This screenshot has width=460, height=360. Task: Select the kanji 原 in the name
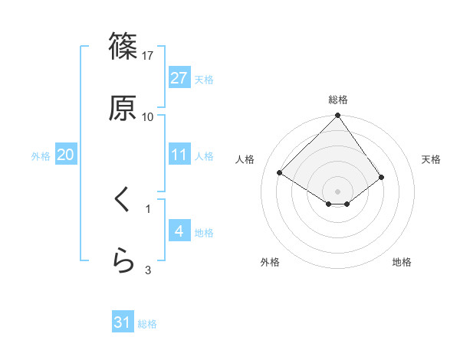[x=123, y=108]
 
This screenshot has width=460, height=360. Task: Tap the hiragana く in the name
[x=123, y=201]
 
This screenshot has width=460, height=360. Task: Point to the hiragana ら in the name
[x=123, y=262]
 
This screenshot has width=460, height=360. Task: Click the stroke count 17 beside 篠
[x=148, y=56]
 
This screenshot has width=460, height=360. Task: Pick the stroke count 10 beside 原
[x=148, y=116]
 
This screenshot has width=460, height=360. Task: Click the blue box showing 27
[x=179, y=78]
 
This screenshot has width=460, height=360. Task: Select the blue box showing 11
[x=179, y=155]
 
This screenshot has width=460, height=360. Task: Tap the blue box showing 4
[x=179, y=231]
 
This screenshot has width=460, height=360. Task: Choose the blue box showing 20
[x=65, y=155]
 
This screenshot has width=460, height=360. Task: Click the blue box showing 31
[x=123, y=323]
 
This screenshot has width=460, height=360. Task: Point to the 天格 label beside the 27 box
[x=204, y=79]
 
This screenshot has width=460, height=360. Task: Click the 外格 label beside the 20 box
[x=41, y=155]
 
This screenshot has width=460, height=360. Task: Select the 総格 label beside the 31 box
[x=147, y=324]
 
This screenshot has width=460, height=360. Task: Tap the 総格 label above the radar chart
[x=337, y=100]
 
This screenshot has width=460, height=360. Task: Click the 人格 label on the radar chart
[x=245, y=159]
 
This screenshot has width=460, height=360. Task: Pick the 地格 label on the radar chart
[x=402, y=262]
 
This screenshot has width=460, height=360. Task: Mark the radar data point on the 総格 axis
[x=337, y=116]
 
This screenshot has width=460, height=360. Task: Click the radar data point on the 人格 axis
[x=280, y=172]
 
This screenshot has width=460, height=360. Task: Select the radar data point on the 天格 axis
[x=382, y=177]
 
